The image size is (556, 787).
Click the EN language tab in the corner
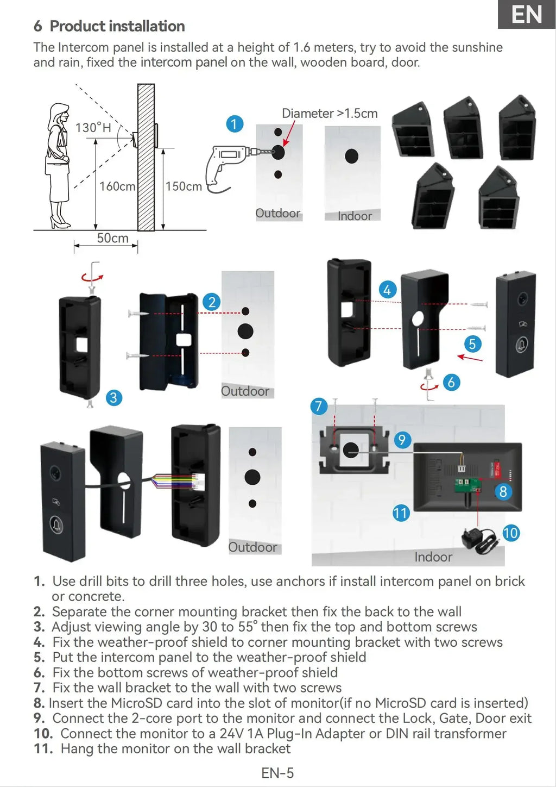[527, 14]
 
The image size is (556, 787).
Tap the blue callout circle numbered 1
[235, 124]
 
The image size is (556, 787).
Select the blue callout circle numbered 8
[503, 491]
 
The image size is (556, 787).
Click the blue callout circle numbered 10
[510, 533]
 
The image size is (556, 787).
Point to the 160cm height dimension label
[117, 186]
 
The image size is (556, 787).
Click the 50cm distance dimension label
[112, 238]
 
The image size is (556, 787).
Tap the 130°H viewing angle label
[93, 128]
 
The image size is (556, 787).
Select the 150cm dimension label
[184, 186]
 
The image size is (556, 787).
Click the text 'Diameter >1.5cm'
[330, 114]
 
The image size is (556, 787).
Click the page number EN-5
[277, 773]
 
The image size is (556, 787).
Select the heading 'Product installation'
[117, 26]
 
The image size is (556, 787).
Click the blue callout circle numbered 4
[387, 290]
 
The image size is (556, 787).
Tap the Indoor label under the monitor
[433, 557]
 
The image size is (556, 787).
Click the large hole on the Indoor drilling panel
[352, 157]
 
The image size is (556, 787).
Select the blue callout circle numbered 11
[401, 513]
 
